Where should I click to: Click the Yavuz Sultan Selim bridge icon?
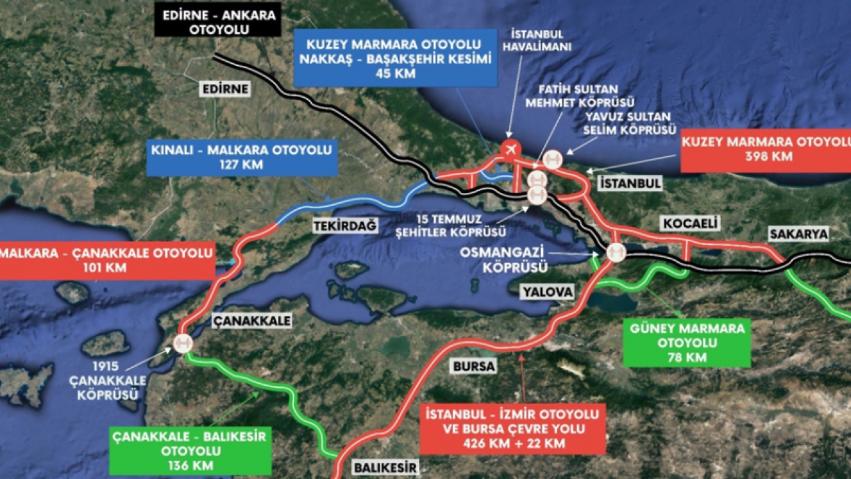click(552, 160)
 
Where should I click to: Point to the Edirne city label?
click(226, 89)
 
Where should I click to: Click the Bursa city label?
click(473, 367)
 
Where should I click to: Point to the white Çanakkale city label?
click(251, 321)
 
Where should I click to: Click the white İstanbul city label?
click(629, 183)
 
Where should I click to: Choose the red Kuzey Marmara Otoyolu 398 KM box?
click(765, 150)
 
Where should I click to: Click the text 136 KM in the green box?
click(190, 465)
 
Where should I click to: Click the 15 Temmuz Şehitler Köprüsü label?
click(460, 226)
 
